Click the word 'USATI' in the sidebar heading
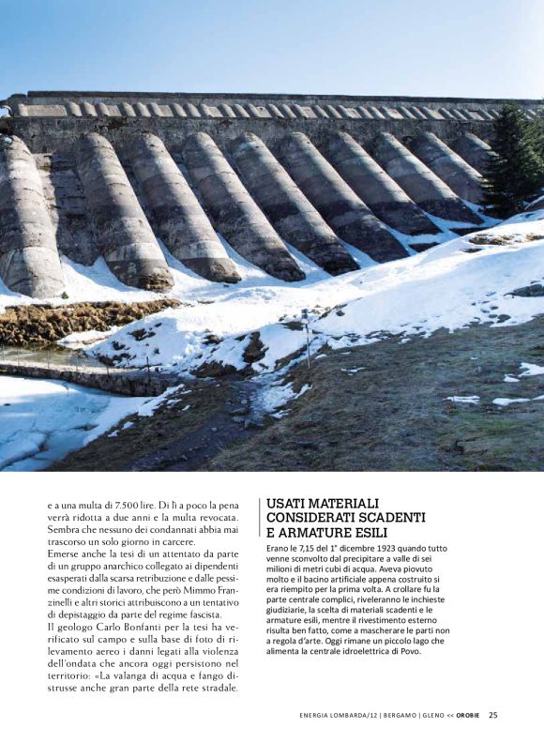coord(289,504)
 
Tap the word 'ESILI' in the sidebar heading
coord(353,532)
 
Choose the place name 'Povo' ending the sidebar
coord(407,651)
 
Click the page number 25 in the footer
coord(493,715)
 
